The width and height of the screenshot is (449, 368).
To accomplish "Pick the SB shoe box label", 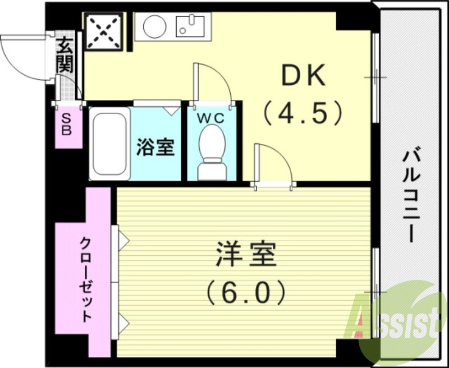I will click(66, 125).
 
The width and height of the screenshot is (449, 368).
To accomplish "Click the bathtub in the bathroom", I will click(110, 144).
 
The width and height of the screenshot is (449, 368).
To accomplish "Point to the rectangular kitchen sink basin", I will click(190, 26).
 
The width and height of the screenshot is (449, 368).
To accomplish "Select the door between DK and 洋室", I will click(274, 165).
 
